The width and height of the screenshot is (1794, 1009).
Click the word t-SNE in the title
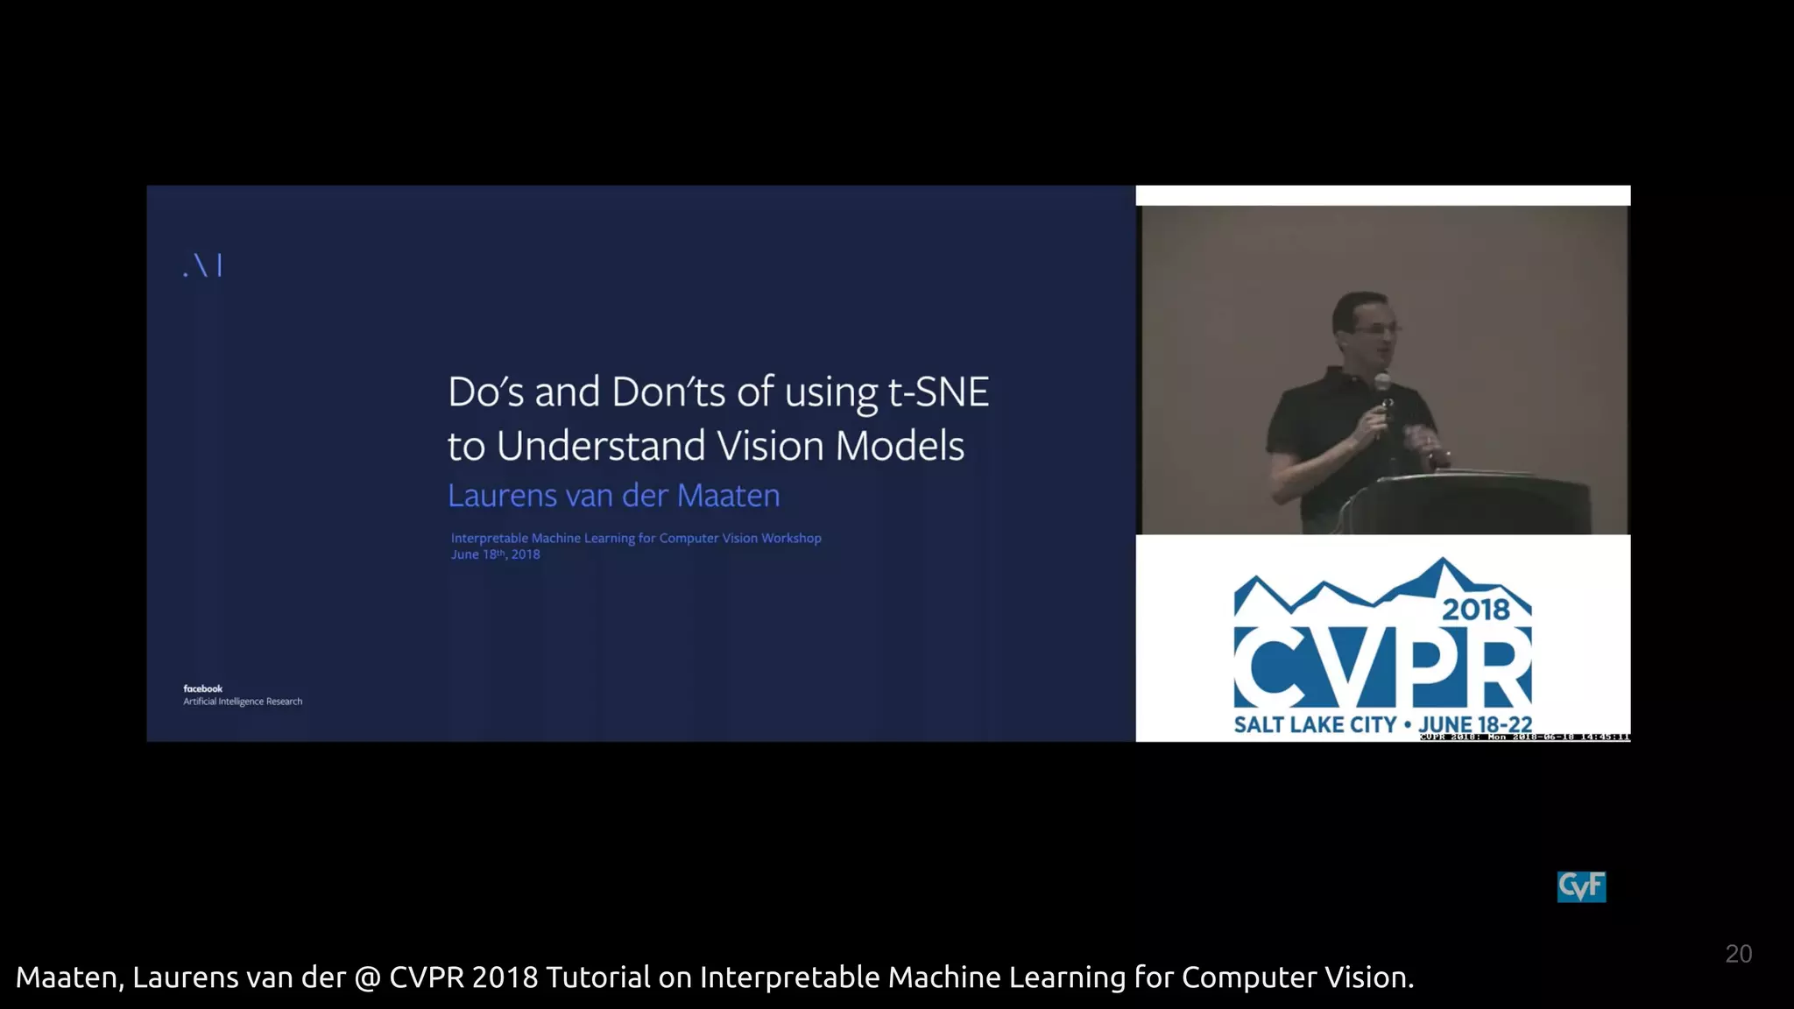pos(938,392)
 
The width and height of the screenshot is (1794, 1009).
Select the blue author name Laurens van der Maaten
pos(613,496)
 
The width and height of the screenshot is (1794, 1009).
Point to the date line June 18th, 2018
pos(495,554)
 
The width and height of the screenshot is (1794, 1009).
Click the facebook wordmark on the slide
pos(202,688)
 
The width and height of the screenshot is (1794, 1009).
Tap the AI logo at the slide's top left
pos(203,265)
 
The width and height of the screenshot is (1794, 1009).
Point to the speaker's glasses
pos(1376,328)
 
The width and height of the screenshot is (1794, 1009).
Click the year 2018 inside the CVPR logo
pos(1476,609)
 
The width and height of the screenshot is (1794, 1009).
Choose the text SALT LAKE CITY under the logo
pos(1314,724)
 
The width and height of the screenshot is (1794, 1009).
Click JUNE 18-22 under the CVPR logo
pos(1475,724)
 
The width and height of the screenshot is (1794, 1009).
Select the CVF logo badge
pos(1581,886)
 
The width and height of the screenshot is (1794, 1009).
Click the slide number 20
pos(1738,954)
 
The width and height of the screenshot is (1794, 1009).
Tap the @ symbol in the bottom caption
pos(368,977)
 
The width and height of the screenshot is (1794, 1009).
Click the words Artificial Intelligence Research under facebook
pos(243,702)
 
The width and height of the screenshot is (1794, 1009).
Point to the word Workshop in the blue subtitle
pos(791,538)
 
